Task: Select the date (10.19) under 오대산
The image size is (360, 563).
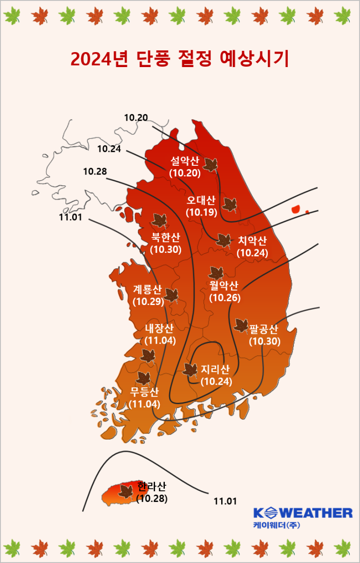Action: [201, 212]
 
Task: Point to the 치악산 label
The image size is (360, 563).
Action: [252, 241]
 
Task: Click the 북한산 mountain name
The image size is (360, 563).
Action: [165, 237]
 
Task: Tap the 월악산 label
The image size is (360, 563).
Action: [224, 285]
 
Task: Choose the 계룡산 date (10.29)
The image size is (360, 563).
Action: [148, 301]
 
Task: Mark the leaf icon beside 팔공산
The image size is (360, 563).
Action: [241, 326]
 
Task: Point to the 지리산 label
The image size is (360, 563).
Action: [215, 370]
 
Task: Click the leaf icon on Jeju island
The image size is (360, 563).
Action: [125, 492]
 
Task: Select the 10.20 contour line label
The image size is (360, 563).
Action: [136, 117]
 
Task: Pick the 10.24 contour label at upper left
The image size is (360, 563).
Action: [109, 149]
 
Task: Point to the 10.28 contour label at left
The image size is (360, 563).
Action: [95, 172]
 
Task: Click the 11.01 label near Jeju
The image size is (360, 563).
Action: [225, 502]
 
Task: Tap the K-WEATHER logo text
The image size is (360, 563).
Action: [303, 513]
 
